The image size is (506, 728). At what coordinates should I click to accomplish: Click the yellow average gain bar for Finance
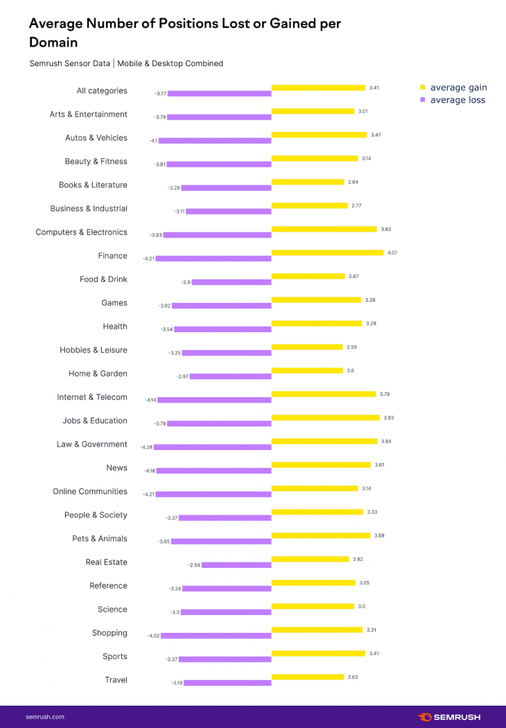click(x=326, y=253)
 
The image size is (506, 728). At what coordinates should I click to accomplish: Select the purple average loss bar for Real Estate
click(x=236, y=565)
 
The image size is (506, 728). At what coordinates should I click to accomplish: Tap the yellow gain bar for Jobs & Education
click(x=326, y=418)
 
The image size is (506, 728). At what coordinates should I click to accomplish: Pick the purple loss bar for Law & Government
click(x=212, y=447)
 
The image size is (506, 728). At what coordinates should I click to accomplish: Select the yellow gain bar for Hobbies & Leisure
click(x=307, y=347)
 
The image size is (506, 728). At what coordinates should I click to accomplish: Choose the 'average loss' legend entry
click(x=457, y=100)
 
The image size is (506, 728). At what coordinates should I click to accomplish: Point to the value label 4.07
click(x=392, y=252)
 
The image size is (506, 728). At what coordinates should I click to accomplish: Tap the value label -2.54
click(x=194, y=565)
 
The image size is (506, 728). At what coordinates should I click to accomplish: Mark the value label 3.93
click(x=388, y=417)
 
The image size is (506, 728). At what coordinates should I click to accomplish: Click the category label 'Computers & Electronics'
click(x=81, y=232)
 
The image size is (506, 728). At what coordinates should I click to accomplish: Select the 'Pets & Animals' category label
click(x=99, y=539)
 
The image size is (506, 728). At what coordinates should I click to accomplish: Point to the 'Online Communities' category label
click(x=90, y=492)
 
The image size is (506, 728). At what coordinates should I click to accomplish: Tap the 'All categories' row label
click(x=101, y=91)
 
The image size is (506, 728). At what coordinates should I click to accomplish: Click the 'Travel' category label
click(x=116, y=680)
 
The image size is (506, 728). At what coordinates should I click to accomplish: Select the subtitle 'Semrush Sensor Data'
click(x=69, y=63)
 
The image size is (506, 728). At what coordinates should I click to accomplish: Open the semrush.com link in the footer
click(x=45, y=717)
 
